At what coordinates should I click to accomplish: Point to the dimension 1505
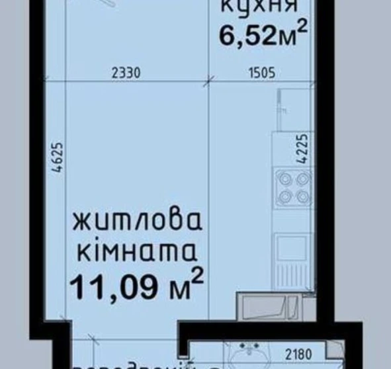point(261,73)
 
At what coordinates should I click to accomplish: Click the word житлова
point(136,222)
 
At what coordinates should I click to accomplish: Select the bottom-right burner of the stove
point(303,196)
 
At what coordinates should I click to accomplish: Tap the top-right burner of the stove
point(303,179)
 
